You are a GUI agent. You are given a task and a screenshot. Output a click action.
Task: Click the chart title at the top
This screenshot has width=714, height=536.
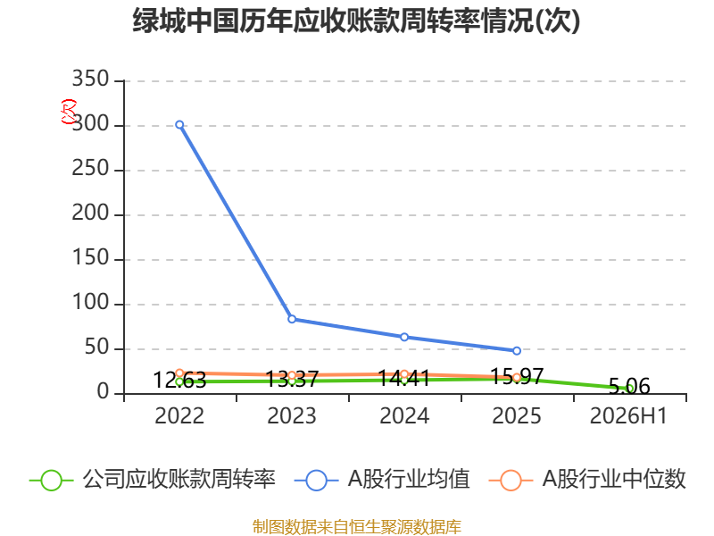(x=356, y=21)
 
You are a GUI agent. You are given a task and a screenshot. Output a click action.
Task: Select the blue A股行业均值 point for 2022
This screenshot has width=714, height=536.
(x=179, y=124)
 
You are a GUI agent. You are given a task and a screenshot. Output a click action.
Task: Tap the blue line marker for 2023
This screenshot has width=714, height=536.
(x=292, y=319)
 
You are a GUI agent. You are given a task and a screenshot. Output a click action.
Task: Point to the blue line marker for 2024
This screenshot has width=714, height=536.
(x=404, y=337)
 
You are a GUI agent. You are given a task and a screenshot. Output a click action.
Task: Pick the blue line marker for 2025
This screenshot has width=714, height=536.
(x=517, y=350)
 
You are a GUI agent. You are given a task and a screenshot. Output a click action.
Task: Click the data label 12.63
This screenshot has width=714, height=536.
(x=179, y=380)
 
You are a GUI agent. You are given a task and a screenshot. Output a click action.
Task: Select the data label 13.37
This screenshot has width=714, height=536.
(x=292, y=379)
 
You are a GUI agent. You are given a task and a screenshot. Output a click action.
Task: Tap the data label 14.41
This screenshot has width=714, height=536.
(x=404, y=378)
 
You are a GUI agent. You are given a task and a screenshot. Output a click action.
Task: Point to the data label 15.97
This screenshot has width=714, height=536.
(x=517, y=376)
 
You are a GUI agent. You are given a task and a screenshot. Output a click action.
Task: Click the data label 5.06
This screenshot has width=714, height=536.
(x=629, y=387)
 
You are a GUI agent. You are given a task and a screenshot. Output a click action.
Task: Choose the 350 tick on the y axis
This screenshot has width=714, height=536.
(x=91, y=79)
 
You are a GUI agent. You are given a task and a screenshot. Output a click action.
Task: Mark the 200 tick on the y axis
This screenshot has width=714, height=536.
(x=91, y=214)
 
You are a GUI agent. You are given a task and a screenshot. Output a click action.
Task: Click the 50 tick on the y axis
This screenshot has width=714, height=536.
(x=96, y=348)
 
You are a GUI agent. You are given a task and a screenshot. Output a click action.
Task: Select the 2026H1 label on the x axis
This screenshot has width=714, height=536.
(x=629, y=416)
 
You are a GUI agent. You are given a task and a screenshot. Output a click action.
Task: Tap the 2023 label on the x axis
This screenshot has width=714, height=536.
(x=292, y=416)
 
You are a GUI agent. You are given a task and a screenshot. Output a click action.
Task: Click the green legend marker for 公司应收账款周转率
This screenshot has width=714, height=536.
(x=51, y=481)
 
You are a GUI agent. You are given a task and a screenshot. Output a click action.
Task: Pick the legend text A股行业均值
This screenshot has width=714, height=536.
(x=409, y=480)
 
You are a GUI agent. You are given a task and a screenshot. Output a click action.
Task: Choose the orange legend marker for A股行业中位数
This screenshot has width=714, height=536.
(x=511, y=481)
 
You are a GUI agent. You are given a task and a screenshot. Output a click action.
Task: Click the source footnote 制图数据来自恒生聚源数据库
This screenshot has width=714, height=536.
(x=357, y=527)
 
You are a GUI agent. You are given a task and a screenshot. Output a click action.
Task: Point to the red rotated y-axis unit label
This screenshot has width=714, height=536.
(x=69, y=112)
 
